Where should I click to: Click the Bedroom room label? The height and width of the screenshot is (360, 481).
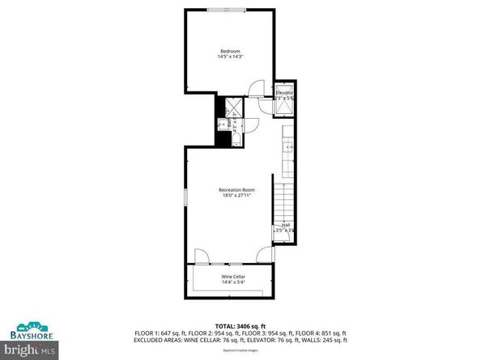click(x=231, y=51)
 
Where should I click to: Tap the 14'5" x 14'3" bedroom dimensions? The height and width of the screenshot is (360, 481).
click(x=231, y=57)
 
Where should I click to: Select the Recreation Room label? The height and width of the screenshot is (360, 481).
click(x=231, y=190)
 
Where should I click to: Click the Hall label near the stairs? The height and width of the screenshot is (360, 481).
click(x=285, y=225)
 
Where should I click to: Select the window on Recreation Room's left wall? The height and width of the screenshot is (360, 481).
click(x=186, y=197)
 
